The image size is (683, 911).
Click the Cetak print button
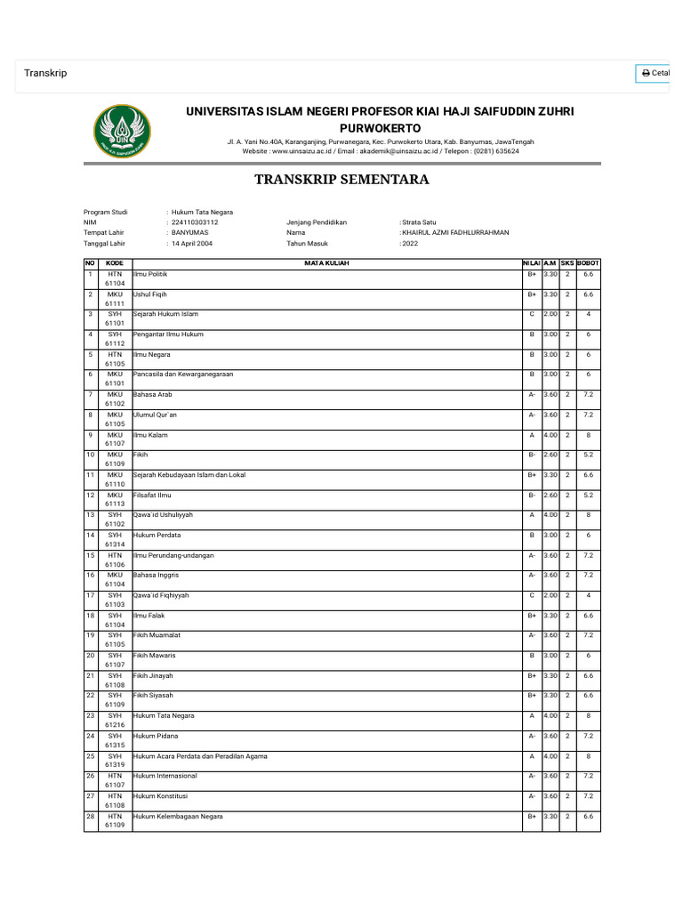[x=655, y=73]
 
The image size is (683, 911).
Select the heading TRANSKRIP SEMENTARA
[x=341, y=180]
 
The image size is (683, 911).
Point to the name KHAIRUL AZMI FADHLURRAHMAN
[x=456, y=232]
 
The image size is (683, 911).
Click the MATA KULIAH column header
[x=326, y=263]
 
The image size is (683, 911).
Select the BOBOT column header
[x=588, y=263]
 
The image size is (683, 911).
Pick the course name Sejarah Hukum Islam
[x=165, y=314]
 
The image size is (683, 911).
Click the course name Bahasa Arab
[x=152, y=394]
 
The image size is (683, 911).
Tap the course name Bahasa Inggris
[x=156, y=576]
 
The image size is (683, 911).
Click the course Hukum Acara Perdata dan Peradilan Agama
[x=199, y=756]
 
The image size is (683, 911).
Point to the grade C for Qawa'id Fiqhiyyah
[x=531, y=595]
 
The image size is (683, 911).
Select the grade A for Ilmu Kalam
[x=531, y=435]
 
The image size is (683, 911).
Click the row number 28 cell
[x=90, y=816]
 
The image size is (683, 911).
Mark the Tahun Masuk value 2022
[x=410, y=242]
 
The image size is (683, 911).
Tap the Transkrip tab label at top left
[x=45, y=73]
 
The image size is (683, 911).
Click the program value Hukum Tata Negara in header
[x=203, y=213]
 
